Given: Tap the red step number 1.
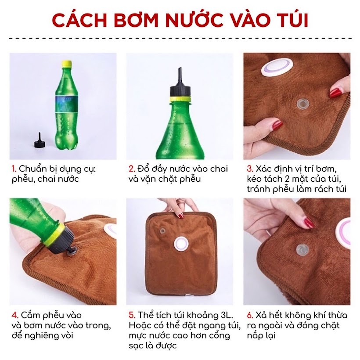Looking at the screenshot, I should click(x=13, y=169).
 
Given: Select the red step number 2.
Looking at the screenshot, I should click(x=131, y=169).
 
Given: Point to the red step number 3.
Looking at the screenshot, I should click(x=250, y=169).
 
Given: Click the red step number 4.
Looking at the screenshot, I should click(x=14, y=316).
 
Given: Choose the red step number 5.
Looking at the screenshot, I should click(x=131, y=316).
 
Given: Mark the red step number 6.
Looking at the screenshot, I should click(x=250, y=316).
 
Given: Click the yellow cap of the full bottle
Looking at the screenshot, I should click(x=66, y=64).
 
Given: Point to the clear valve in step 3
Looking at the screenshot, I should click(x=302, y=104).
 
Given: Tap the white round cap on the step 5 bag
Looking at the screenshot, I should click(x=180, y=243).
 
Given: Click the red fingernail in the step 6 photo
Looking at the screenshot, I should click(x=309, y=223).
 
